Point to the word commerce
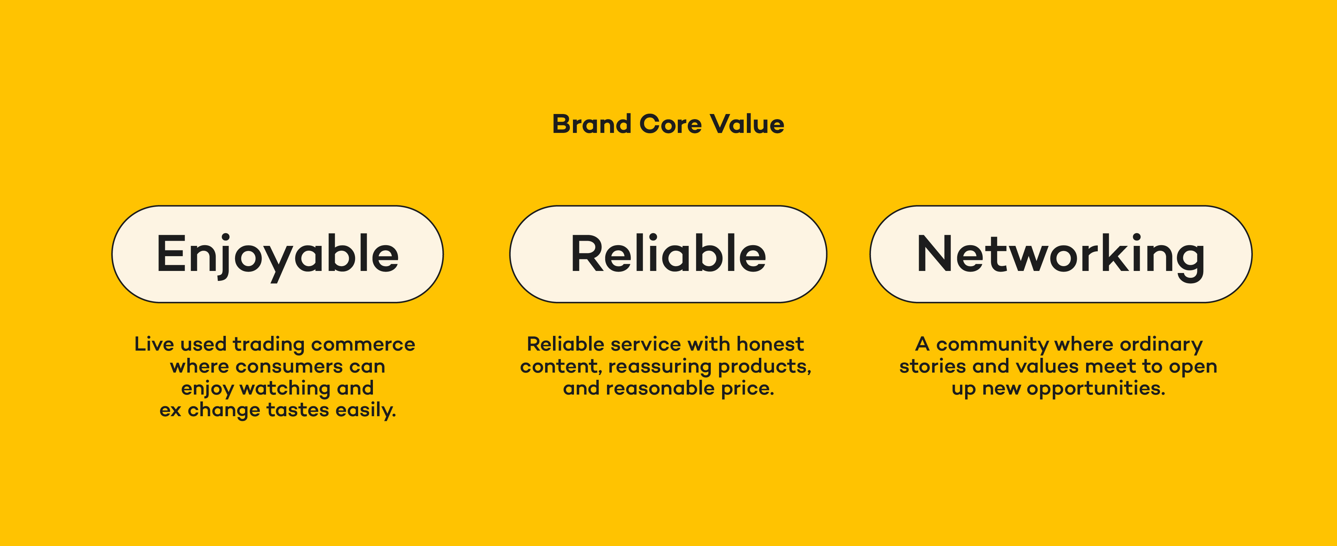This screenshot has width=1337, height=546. tap(363, 345)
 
